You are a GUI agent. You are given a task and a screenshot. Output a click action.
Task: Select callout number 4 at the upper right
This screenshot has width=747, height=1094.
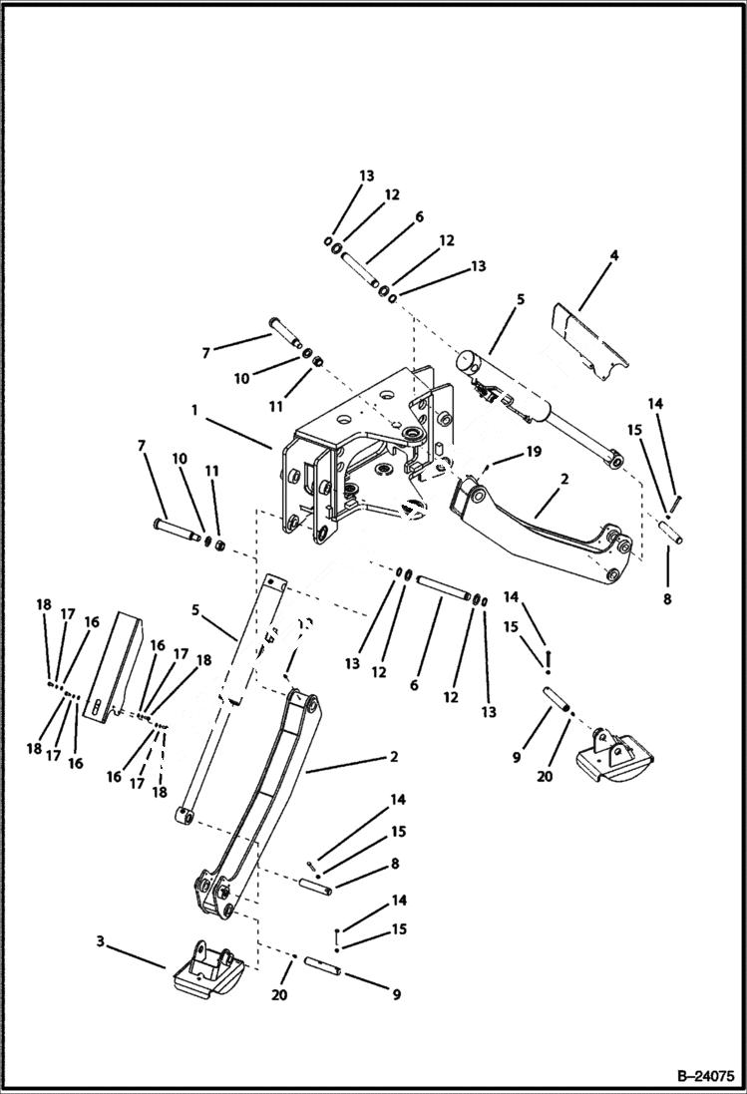[614, 256]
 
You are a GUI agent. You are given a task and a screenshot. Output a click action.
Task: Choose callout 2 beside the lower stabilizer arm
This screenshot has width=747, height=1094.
[394, 757]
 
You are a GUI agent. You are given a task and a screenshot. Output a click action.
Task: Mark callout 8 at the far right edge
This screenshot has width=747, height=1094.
[666, 599]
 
